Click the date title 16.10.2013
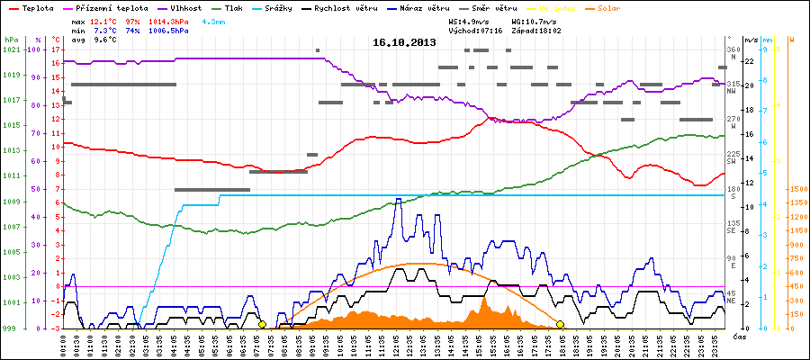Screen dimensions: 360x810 [404, 42]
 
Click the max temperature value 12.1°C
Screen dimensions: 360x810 [103, 21]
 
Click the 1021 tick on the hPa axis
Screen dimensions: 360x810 [11, 49]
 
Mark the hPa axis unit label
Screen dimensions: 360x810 [11, 40]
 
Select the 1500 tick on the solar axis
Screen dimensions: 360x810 [797, 189]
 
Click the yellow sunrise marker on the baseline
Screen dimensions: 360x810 [262, 324]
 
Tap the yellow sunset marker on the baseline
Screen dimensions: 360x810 [560, 324]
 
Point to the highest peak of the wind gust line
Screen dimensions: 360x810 [398, 200]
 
